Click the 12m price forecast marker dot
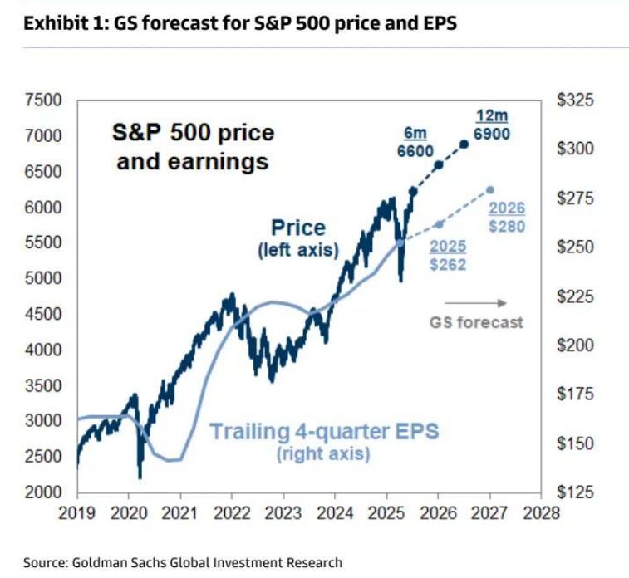[464, 144]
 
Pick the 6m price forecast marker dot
[439, 164]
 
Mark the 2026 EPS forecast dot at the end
[490, 189]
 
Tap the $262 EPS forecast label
[449, 265]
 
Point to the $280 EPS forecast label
[507, 226]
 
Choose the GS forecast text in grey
[477, 321]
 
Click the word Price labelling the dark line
[298, 228]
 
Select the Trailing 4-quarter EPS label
[323, 432]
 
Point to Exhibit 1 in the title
[58, 23]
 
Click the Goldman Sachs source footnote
[182, 563]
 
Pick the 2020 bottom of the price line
[140, 477]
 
